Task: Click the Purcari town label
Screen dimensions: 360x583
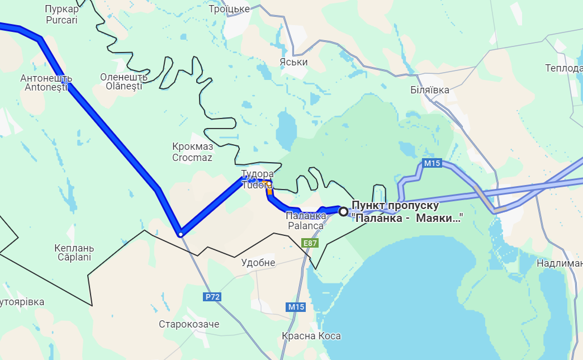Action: (x=61, y=15)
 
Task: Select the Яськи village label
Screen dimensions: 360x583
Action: (x=294, y=62)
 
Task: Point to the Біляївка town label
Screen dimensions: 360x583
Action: (x=429, y=89)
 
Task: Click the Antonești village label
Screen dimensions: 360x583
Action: (x=46, y=83)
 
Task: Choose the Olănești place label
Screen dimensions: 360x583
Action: (x=124, y=82)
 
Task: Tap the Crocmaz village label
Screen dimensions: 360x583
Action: (x=192, y=152)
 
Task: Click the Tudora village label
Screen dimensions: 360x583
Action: (x=257, y=179)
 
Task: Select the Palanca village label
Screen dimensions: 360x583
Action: (x=305, y=221)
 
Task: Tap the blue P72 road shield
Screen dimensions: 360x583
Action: (x=212, y=297)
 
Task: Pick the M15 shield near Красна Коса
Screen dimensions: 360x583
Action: (x=296, y=307)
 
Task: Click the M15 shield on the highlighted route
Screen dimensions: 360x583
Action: (x=432, y=164)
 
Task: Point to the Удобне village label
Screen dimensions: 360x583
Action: (x=258, y=263)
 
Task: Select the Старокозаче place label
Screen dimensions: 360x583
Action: (x=189, y=324)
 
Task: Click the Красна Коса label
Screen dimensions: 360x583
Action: (x=311, y=336)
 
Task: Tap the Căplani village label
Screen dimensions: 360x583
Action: (x=74, y=253)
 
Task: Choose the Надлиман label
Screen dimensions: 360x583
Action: (x=558, y=263)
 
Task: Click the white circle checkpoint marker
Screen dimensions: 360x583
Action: (x=343, y=211)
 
